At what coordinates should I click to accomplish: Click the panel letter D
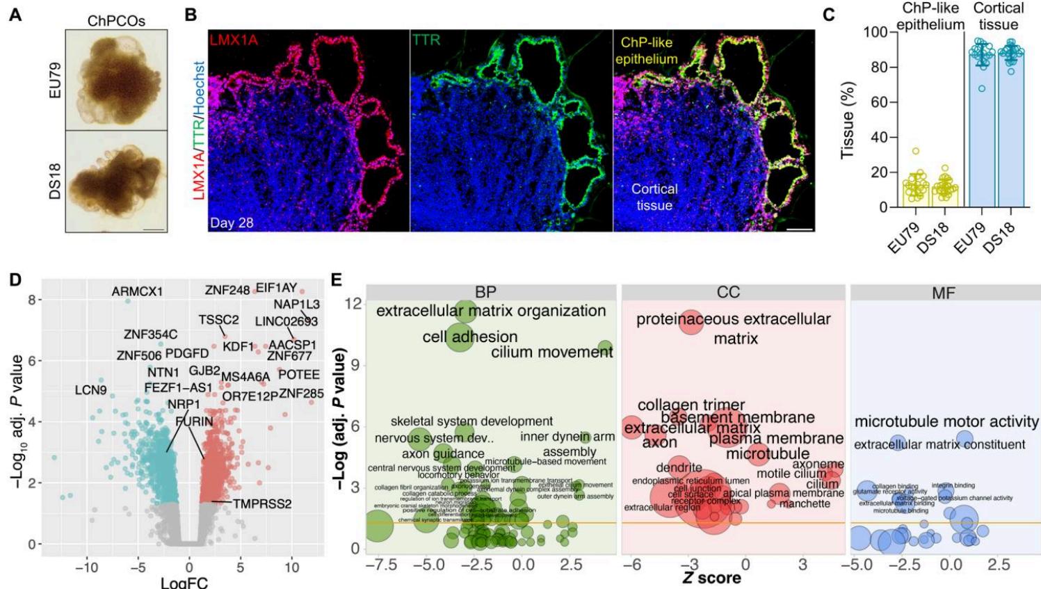pos(15,281)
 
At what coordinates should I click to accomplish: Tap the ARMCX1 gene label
pos(137,292)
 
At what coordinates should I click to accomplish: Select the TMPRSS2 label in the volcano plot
pos(262,503)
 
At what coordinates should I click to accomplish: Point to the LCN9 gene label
pos(90,390)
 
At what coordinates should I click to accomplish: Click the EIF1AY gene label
pos(276,288)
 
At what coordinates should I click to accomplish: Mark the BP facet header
pos(485,292)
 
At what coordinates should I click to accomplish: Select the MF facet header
pos(944,292)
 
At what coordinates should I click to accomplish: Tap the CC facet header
pos(728,292)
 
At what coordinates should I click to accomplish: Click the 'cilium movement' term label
pos(551,352)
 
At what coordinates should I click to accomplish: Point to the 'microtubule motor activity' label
pos(946,421)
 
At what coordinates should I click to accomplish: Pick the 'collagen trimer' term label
pos(691,405)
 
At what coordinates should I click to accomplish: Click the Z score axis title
pos(711,577)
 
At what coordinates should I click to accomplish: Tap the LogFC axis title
pos(184,582)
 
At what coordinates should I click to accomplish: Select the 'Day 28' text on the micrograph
pos(232,223)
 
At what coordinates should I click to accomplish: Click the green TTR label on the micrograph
pos(426,40)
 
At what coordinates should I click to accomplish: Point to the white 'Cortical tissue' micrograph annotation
pos(654,197)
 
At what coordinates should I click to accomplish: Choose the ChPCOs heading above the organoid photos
pos(116,21)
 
